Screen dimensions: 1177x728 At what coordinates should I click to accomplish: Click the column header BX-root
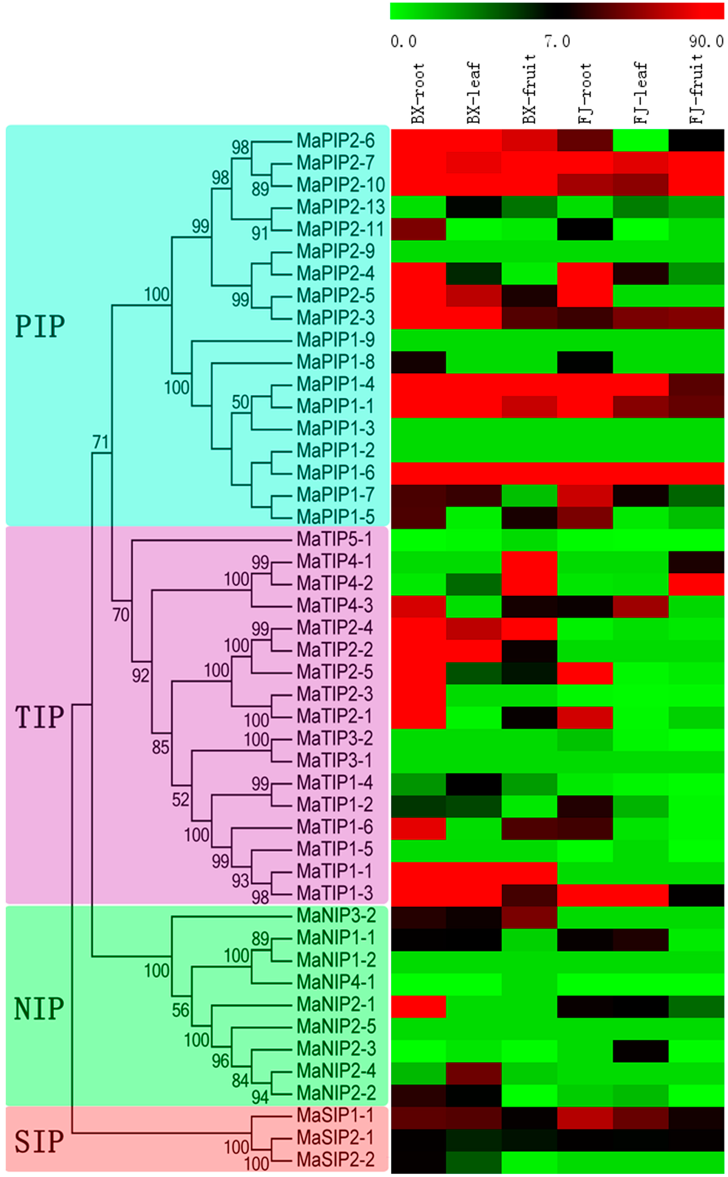[418, 94]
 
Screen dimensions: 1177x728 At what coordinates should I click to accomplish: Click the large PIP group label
[40, 327]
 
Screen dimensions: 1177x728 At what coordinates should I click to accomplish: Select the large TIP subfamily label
[40, 716]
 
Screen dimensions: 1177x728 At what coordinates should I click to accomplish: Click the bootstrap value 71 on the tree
[101, 442]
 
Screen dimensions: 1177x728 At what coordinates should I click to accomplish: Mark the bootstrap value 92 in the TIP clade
[141, 676]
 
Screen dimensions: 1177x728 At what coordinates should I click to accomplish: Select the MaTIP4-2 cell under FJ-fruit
[696, 584]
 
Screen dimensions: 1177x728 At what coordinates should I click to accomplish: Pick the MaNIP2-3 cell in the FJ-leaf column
[641, 1048]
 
